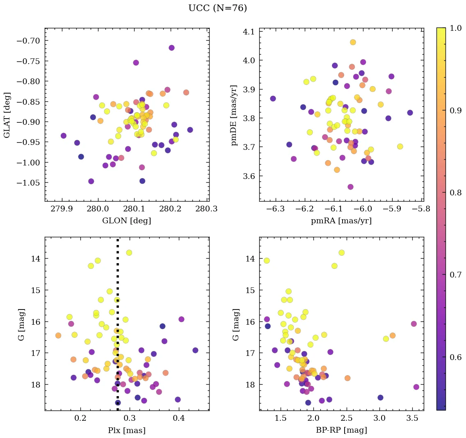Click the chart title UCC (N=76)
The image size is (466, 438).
[217, 8]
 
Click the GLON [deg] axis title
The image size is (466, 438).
[126, 221]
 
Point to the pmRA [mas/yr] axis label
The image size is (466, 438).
[341, 221]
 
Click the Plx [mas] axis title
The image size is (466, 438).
[126, 431]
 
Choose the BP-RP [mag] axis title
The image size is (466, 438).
[341, 431]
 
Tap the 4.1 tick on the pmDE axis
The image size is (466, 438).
[249, 32]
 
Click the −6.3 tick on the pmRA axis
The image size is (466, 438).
[275, 209]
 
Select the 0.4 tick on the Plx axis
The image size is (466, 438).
[178, 419]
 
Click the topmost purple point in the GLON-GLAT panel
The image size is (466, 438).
[171, 48]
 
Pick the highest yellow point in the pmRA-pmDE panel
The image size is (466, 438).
[353, 42]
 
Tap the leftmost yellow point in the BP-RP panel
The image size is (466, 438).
[267, 261]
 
